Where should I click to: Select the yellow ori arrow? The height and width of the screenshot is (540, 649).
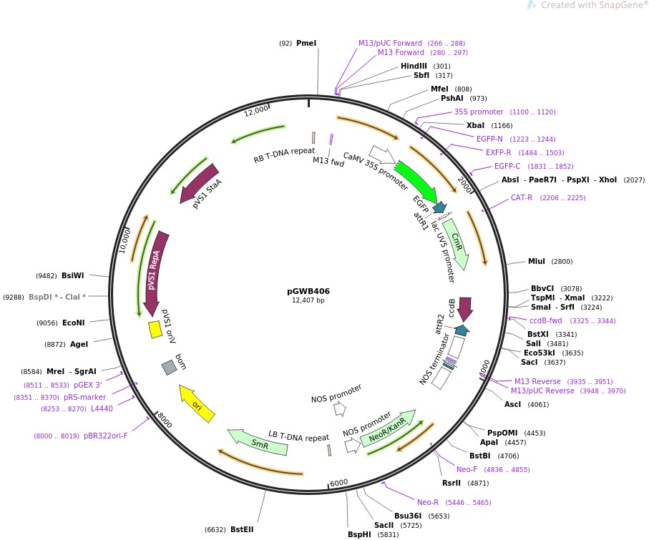pyautogui.click(x=197, y=403)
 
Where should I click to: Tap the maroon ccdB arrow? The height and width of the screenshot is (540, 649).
pyautogui.click(x=465, y=309)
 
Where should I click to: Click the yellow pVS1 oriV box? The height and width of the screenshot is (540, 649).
pyautogui.click(x=155, y=329)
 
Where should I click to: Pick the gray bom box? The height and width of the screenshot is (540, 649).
pyautogui.click(x=169, y=367)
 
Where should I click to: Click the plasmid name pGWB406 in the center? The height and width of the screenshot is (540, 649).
pyautogui.click(x=308, y=291)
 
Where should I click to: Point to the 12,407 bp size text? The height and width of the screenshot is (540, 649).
pyautogui.click(x=308, y=300)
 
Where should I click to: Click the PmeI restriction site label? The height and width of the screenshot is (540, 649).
pyautogui.click(x=306, y=44)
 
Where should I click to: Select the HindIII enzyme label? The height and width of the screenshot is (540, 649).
pyautogui.click(x=414, y=67)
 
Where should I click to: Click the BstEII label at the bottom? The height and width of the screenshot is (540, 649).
pyautogui.click(x=242, y=529)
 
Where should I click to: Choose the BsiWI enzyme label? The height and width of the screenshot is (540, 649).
pyautogui.click(x=72, y=275)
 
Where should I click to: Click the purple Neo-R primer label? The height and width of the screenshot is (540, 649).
pyautogui.click(x=428, y=502)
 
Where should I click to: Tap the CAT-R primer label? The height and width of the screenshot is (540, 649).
pyautogui.click(x=522, y=197)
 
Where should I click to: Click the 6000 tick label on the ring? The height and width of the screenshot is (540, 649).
pyautogui.click(x=338, y=483)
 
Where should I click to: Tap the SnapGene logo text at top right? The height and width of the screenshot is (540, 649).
pyautogui.click(x=594, y=6)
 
